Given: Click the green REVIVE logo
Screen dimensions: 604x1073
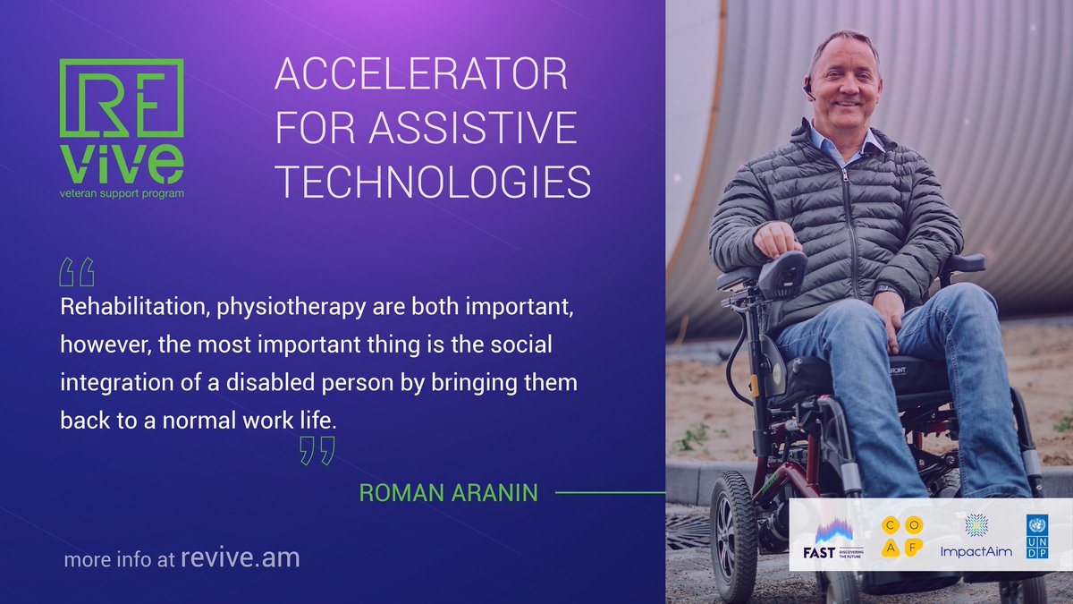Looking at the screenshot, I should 121,121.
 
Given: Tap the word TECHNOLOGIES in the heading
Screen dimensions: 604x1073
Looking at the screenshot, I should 432,183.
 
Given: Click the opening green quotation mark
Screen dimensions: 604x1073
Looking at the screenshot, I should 76,271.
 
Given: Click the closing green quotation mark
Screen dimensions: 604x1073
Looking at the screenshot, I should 317,451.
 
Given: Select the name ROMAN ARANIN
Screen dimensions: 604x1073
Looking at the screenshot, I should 448,492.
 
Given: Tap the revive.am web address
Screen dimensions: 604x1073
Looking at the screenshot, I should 240,558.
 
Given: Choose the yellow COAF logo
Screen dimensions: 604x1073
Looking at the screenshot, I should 901,538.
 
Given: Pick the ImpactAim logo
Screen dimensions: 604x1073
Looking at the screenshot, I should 976,538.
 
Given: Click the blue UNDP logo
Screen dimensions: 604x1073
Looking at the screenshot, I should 1037,537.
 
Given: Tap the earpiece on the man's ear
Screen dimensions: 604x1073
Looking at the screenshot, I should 807,88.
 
